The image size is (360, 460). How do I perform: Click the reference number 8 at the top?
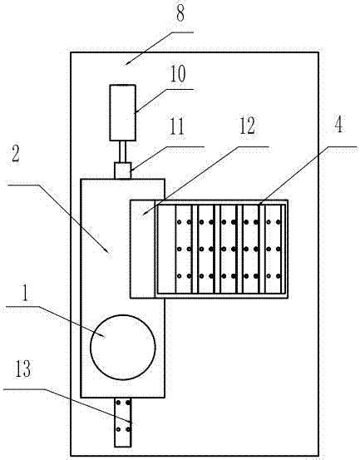(x=180, y=13)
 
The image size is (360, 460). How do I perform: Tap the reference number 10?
(x=178, y=74)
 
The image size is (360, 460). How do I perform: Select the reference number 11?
(x=176, y=126)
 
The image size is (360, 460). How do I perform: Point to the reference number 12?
(x=247, y=126)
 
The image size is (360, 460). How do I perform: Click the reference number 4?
(x=338, y=124)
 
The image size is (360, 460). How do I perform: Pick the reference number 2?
(x=16, y=153)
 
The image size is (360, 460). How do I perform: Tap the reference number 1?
(x=25, y=293)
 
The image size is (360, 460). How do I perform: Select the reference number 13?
(x=23, y=368)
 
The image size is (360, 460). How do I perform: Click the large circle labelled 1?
(x=123, y=348)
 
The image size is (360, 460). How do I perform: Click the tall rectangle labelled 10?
(x=123, y=112)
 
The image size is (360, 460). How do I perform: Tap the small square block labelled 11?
(x=122, y=171)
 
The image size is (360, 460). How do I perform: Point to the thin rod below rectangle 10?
(x=122, y=151)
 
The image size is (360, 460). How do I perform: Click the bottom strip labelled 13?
(x=123, y=423)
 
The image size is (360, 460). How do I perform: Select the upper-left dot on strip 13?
(x=118, y=403)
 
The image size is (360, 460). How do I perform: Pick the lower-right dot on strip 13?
(x=128, y=429)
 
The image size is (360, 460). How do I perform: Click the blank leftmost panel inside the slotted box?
(x=166, y=249)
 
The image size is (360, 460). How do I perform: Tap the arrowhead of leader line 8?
(x=126, y=63)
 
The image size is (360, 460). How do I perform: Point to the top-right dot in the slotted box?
(x=279, y=222)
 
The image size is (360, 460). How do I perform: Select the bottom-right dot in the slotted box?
(x=279, y=276)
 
